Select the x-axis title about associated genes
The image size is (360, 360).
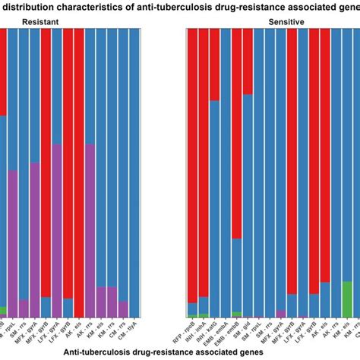coord(163,352)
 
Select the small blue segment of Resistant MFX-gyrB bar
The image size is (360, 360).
coord(46,307)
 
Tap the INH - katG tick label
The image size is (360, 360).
coord(213,331)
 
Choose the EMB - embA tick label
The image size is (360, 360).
coord(226,333)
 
